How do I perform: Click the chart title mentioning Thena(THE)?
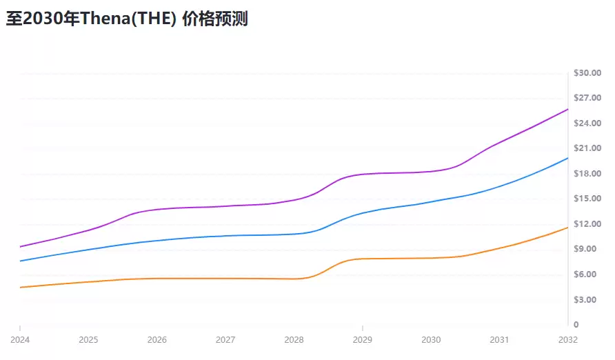[x=127, y=19]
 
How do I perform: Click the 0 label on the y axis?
[x=576, y=325]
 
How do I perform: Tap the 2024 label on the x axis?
[x=20, y=340]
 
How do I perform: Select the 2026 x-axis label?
[x=157, y=340]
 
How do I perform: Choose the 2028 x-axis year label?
[x=294, y=340]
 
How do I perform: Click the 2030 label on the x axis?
[x=431, y=340]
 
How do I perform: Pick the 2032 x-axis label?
[x=568, y=340]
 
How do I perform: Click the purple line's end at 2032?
[x=567, y=109]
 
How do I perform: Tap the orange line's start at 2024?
[x=21, y=287]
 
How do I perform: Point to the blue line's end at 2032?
[x=567, y=158]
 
